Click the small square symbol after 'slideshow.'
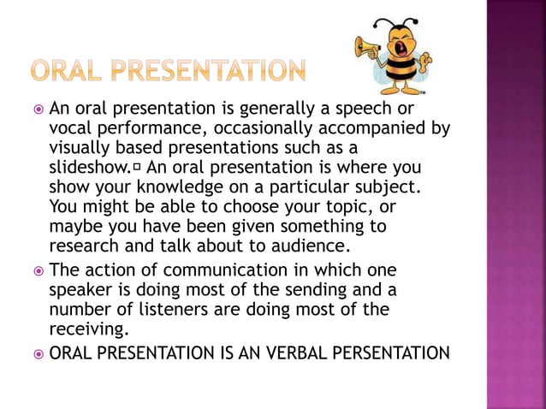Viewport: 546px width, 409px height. click(138, 167)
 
